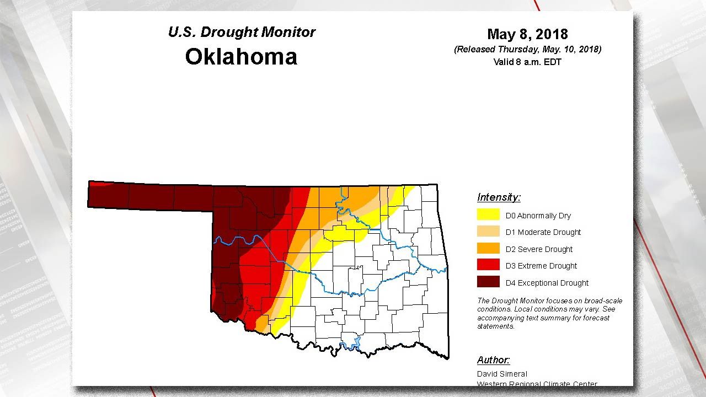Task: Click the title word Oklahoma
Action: (241, 57)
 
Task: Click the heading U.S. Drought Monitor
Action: (242, 32)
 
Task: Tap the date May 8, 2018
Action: (527, 34)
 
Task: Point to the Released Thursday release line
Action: (527, 50)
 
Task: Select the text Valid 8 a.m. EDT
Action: (527, 62)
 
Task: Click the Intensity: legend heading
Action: (499, 197)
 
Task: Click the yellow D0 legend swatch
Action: (488, 215)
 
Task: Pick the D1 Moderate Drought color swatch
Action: (488, 232)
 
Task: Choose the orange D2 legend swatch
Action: (488, 249)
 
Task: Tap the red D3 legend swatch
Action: (488, 265)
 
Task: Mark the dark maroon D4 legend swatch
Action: (488, 282)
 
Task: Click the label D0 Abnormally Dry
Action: (538, 216)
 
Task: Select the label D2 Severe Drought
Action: (539, 249)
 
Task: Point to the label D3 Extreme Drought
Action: (541, 266)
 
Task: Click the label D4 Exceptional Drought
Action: (547, 283)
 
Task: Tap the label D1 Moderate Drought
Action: (543, 232)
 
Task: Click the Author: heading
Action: (493, 360)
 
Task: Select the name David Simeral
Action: (502, 374)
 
